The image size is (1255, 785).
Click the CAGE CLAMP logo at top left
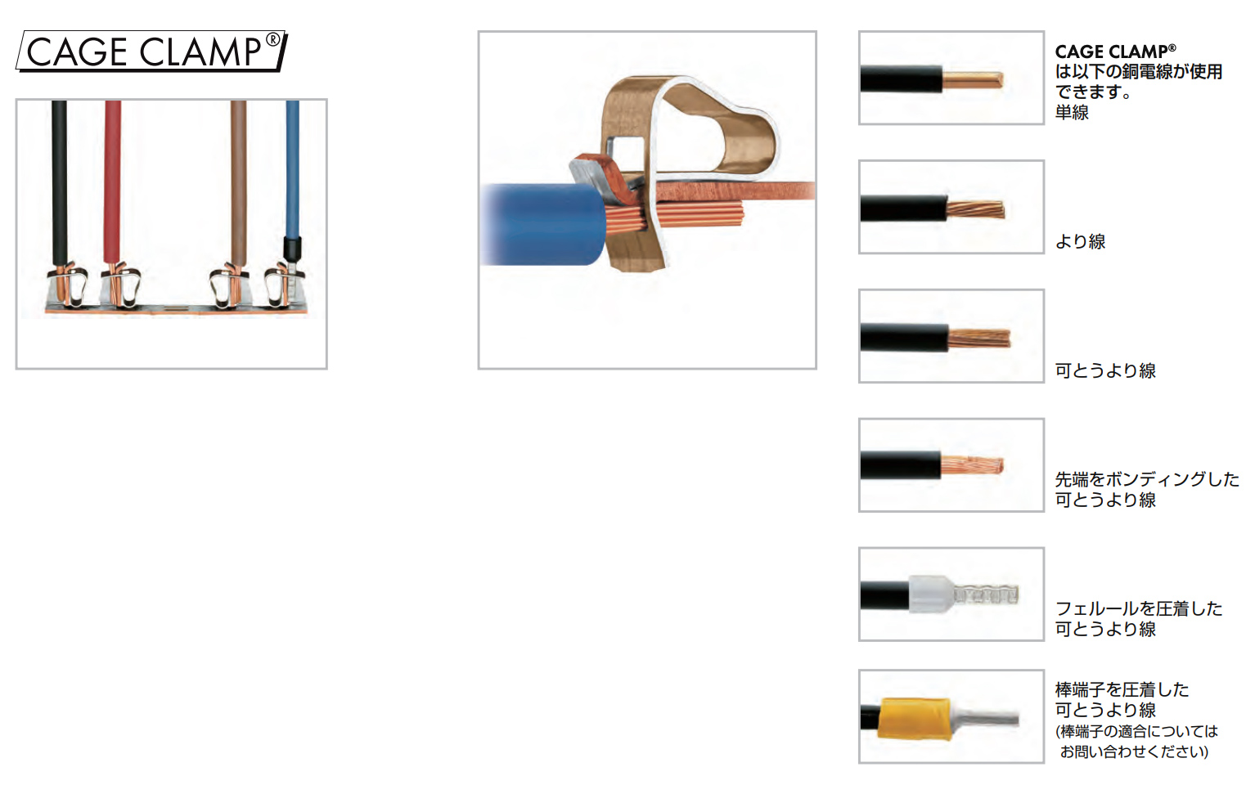(151, 51)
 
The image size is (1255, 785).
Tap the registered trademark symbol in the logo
(272, 40)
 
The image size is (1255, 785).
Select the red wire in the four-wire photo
(113, 182)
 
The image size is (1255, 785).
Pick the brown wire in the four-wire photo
(238, 182)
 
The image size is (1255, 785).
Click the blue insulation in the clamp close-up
(543, 224)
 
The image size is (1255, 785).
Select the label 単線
(1072, 113)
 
